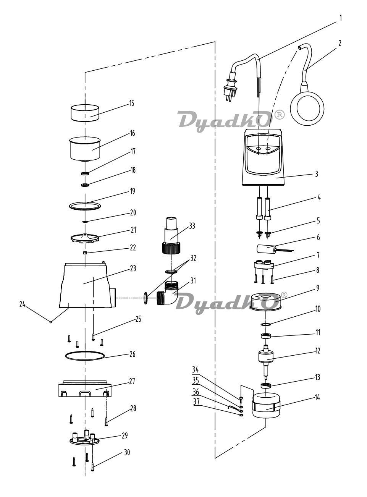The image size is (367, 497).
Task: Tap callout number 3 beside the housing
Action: [316, 174]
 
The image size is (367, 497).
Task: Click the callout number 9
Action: [318, 288]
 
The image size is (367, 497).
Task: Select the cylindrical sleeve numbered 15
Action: [85, 113]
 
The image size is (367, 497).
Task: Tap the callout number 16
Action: [133, 133]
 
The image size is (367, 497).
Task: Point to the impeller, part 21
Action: [85, 238]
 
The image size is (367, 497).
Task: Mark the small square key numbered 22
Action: [85, 253]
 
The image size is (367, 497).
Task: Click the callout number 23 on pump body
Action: [133, 269]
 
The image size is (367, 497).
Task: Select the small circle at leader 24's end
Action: [51, 322]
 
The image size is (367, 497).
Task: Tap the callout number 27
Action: [132, 381]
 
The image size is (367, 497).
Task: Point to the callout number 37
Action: [196, 402]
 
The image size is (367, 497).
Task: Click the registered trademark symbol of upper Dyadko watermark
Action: [280, 115]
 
